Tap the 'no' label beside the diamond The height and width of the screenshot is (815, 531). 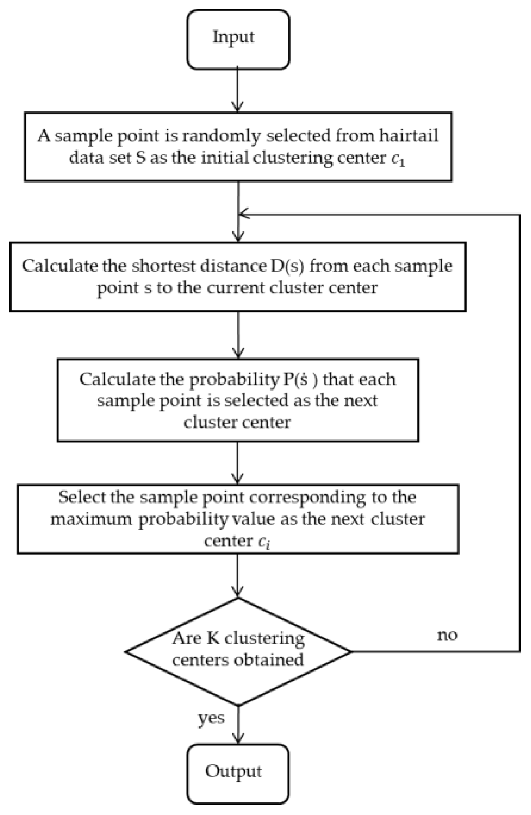[x=447, y=635]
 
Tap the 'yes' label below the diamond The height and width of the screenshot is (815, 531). [x=211, y=718]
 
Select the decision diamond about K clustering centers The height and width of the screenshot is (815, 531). [x=238, y=650]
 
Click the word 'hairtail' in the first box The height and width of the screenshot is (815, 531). [x=408, y=136]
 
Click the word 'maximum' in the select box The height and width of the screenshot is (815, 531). [x=91, y=519]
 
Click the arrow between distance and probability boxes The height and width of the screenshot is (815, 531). [x=238, y=335]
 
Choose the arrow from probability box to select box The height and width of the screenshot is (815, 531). [x=238, y=462]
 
